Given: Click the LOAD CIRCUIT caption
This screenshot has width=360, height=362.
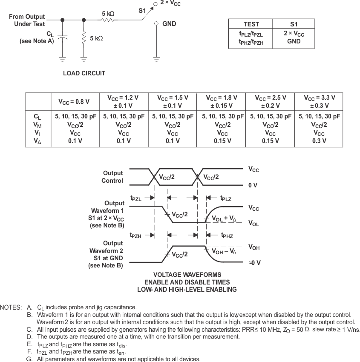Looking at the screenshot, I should (84, 73).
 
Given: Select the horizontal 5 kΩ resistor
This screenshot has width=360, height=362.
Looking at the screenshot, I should (108, 20).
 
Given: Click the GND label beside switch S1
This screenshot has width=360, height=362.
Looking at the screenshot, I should (169, 24).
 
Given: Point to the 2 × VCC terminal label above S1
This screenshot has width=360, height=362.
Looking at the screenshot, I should (170, 3).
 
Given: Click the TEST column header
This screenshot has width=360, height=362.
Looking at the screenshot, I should (251, 24).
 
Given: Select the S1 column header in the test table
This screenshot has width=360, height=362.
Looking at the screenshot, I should (294, 24).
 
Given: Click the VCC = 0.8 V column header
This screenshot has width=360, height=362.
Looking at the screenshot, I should (75, 102).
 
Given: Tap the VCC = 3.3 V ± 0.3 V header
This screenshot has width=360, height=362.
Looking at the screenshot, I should (319, 101).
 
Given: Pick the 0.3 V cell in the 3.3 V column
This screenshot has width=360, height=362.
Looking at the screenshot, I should (319, 141).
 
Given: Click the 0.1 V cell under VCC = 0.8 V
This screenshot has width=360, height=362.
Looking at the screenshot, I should (75, 141).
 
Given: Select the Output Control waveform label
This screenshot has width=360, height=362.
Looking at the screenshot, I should (112, 177).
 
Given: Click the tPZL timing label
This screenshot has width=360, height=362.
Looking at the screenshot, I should (136, 198).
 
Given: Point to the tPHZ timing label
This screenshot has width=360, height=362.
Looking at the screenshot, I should (227, 235).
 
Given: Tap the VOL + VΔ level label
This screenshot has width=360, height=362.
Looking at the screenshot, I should (224, 218).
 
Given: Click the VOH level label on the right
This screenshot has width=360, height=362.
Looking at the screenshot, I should (254, 247).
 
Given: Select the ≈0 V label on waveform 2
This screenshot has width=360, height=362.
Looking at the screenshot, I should (254, 263).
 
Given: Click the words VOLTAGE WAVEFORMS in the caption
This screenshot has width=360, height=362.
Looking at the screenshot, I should (187, 275).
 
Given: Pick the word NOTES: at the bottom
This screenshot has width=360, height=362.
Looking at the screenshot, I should (11, 307).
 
